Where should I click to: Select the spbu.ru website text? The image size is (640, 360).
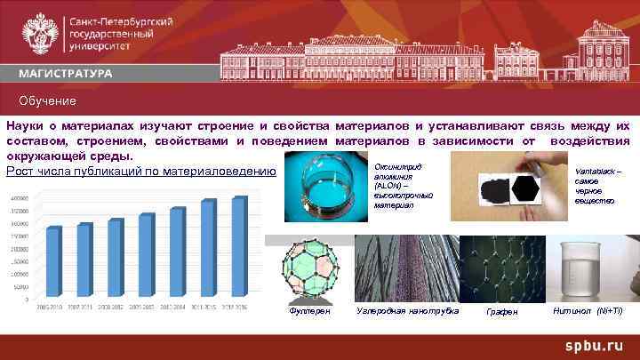tap(597, 344)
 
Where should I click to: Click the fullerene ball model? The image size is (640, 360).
tap(308, 270)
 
